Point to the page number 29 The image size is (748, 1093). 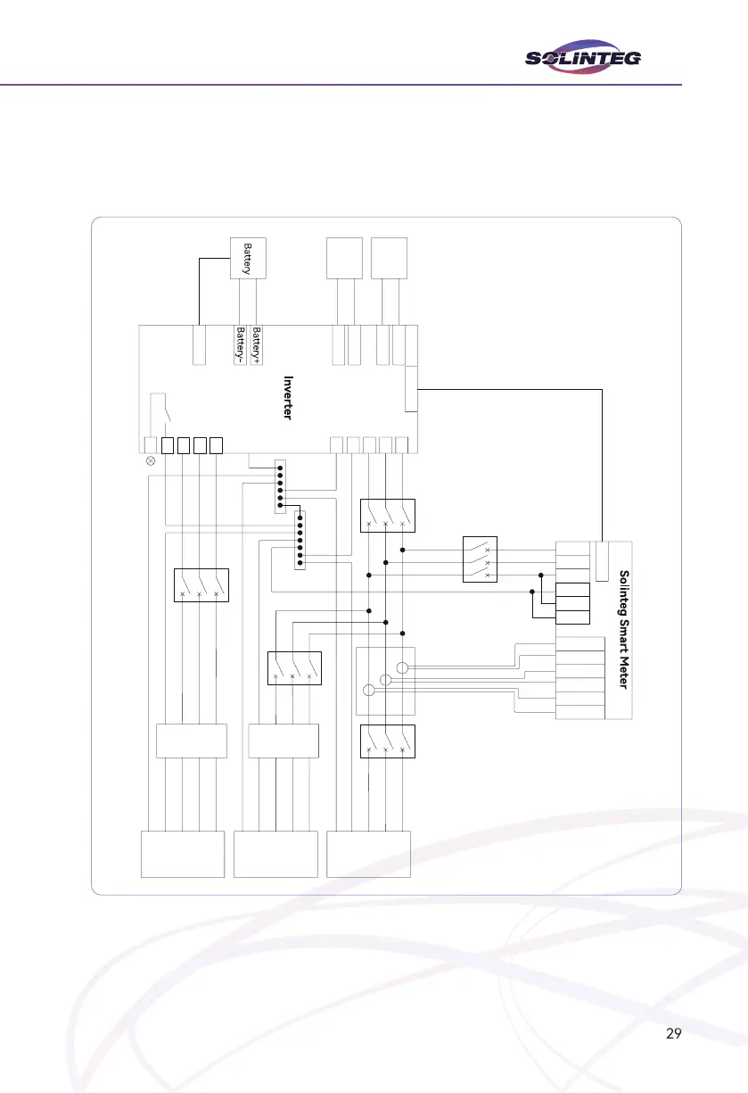[x=674, y=1034]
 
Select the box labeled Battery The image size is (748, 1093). [x=249, y=257]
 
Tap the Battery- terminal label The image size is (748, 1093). [x=240, y=344]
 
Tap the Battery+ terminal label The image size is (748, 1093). [x=257, y=344]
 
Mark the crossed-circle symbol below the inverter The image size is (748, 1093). [x=151, y=462]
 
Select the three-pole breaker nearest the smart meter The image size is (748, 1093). [x=481, y=559]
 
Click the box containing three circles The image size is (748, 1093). [x=385, y=681]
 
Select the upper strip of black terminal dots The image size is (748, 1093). [x=280, y=487]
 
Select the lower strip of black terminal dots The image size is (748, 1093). [x=300, y=541]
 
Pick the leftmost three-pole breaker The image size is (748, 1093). [x=200, y=585]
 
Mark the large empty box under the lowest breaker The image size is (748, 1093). [x=369, y=854]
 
